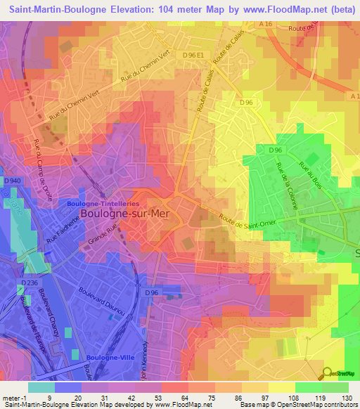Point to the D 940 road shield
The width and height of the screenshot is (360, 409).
pyautogui.click(x=13, y=182)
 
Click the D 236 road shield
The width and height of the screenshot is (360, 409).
pyautogui.click(x=29, y=283)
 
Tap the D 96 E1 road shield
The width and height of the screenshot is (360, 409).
pyautogui.click(x=193, y=54)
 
